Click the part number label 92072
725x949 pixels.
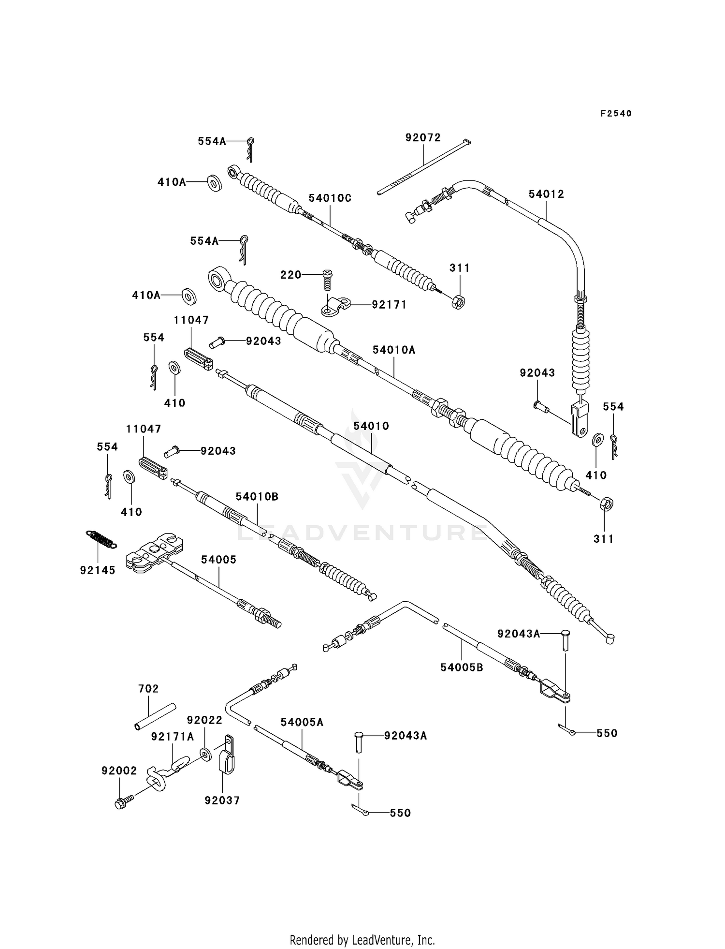pyautogui.click(x=423, y=138)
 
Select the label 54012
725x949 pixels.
pyautogui.click(x=546, y=194)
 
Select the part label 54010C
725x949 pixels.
pyautogui.click(x=330, y=198)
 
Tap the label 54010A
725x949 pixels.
pyautogui.click(x=394, y=350)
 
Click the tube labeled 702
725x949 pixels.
pyautogui.click(x=155, y=717)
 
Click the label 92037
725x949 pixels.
pyautogui.click(x=222, y=801)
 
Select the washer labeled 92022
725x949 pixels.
pyautogui.click(x=205, y=754)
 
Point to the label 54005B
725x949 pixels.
pyautogui.click(x=462, y=668)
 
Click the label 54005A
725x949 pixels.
pyautogui.click(x=302, y=722)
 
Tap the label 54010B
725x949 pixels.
pyautogui.click(x=257, y=497)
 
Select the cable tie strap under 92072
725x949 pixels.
pyautogui.click(x=424, y=167)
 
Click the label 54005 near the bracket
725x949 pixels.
pyautogui.click(x=219, y=560)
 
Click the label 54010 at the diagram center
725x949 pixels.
pyautogui.click(x=371, y=426)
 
